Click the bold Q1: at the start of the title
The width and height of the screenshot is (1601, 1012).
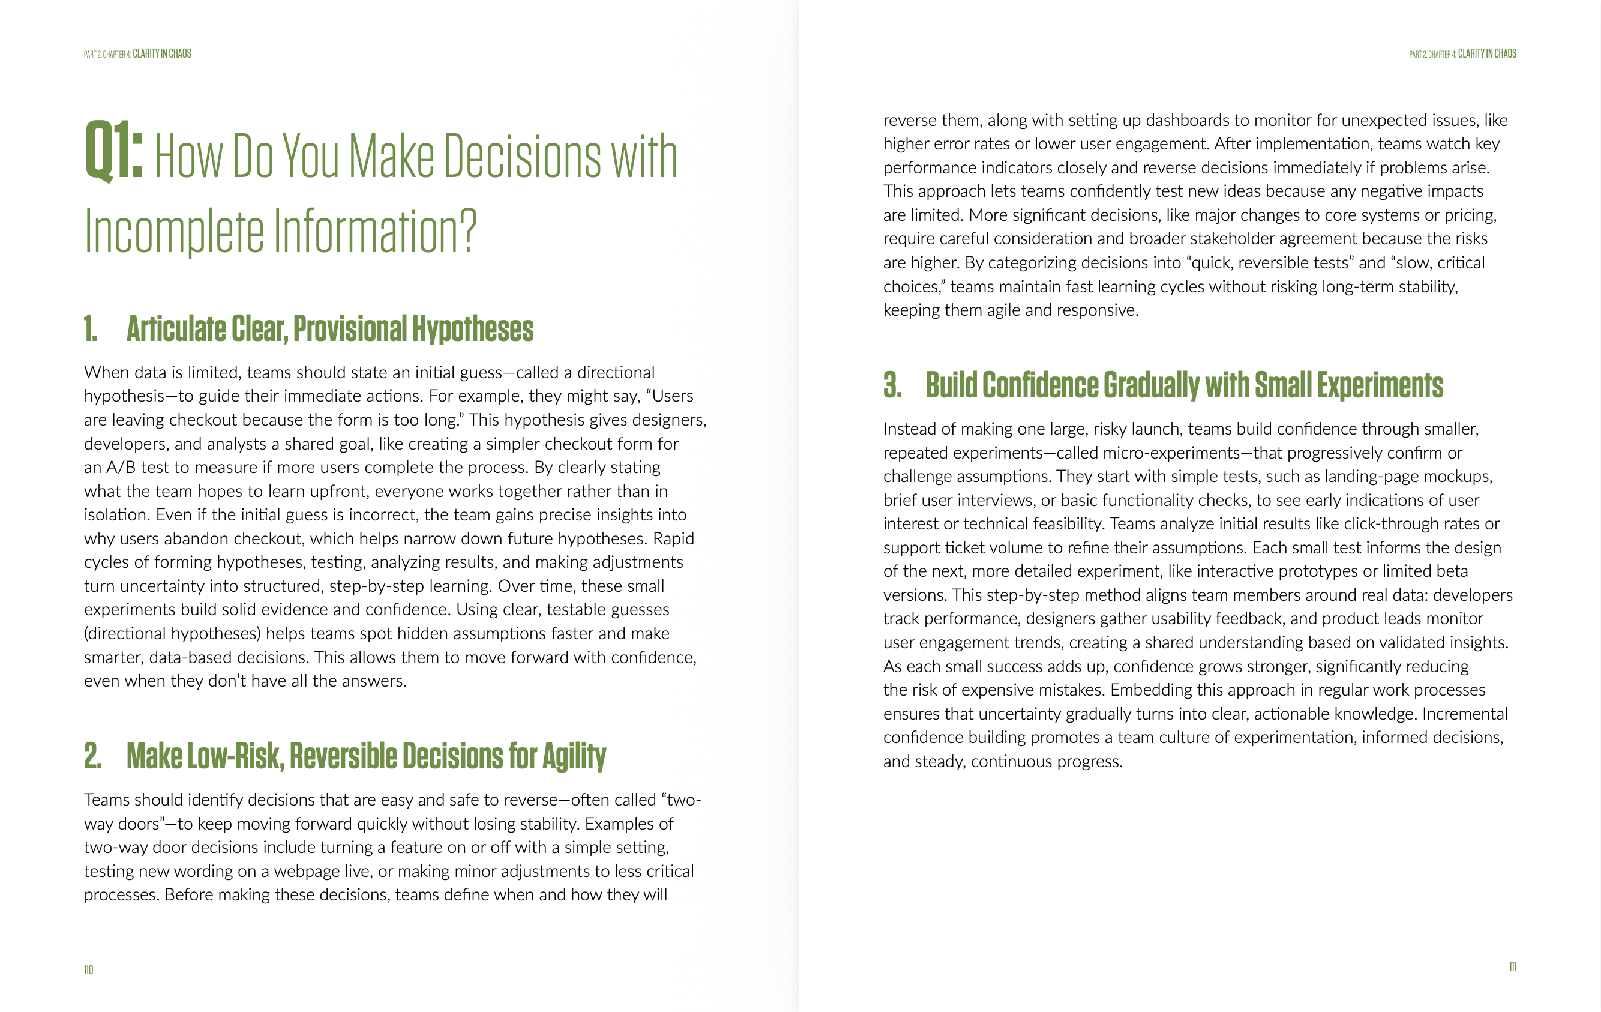click(113, 152)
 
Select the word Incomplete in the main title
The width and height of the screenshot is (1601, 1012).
click(174, 231)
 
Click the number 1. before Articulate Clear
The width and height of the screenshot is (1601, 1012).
click(91, 329)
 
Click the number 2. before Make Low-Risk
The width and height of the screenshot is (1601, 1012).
click(92, 756)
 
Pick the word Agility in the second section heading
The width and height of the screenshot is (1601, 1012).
click(574, 757)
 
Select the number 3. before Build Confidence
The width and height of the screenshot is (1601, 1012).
click(892, 385)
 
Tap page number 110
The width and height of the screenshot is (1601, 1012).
click(88, 970)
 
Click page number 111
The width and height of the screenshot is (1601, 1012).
click(1512, 966)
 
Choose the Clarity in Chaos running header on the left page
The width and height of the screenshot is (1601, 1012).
click(161, 54)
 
